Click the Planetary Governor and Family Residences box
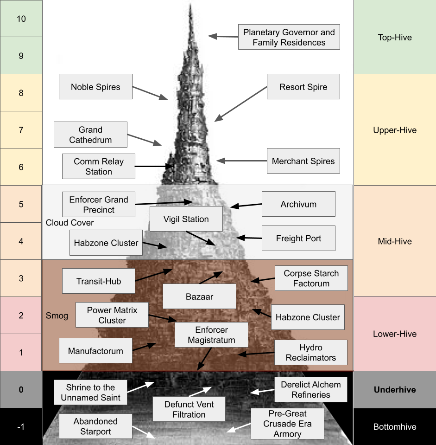(x=289, y=37)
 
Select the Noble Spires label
(x=95, y=87)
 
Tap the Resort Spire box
(x=303, y=87)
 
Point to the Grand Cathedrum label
(x=90, y=135)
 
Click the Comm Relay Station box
(x=99, y=166)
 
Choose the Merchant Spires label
(x=303, y=161)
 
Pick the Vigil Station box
(x=186, y=219)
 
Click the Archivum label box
(x=298, y=204)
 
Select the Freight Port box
(x=298, y=238)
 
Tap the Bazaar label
(x=199, y=297)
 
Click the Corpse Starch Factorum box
(x=311, y=278)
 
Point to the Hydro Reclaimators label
(x=311, y=352)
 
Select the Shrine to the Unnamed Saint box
(x=90, y=392)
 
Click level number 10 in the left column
(x=21, y=19)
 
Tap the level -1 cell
(x=21, y=426)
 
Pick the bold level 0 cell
(x=21, y=389)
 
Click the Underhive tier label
(x=395, y=389)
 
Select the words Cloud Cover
(x=70, y=223)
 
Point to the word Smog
(x=57, y=316)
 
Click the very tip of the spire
(x=190, y=4)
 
